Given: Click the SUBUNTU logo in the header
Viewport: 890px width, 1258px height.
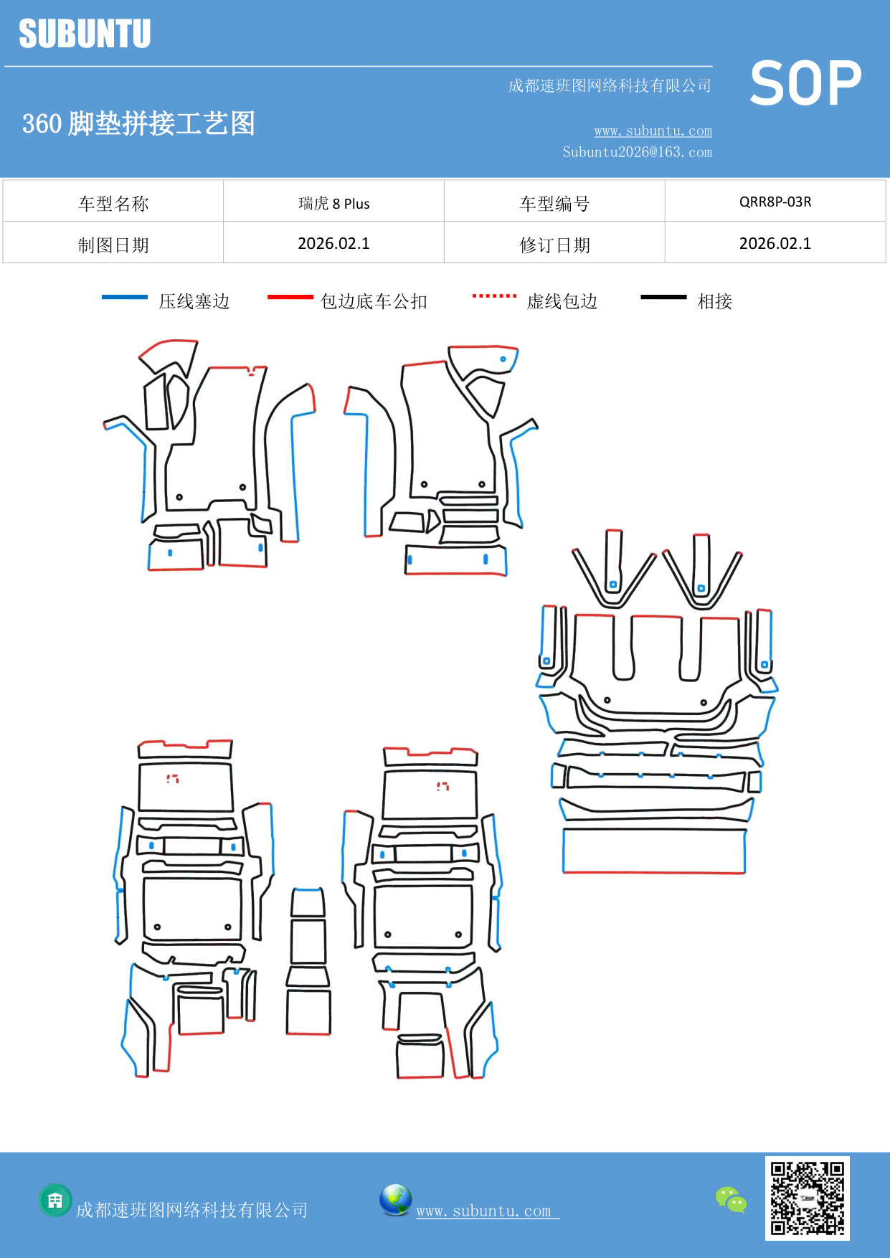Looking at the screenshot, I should pos(85,34).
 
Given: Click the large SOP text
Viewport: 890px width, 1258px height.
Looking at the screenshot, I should pos(805,84).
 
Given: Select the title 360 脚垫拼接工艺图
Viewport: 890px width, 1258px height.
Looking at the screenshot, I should pos(138,123).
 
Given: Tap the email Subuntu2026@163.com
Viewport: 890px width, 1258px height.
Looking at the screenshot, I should pos(637,152).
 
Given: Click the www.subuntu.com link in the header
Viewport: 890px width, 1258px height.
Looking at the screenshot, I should pos(653,131).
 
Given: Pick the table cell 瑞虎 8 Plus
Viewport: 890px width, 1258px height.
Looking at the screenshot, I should pos(333,204).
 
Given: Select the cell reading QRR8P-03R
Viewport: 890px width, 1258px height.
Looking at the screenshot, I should pos(775,202).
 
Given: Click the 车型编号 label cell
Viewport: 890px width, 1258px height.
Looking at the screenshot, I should pos(554,204).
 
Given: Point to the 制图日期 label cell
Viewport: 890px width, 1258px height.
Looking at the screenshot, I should pos(113,245).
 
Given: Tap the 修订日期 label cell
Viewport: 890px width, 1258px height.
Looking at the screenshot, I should pos(554,245).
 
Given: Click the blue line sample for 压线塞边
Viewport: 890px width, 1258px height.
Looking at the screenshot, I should pos(125,297).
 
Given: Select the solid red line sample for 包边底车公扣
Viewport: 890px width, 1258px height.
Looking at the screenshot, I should pos(290,297).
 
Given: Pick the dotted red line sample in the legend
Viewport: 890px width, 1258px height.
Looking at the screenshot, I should pos(494,295).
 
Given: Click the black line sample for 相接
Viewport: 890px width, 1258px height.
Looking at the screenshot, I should pos(663,297).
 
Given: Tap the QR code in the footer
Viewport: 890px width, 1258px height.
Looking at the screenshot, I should pos(807,1198).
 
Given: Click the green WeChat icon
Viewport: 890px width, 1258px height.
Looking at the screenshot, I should pos(731,1199).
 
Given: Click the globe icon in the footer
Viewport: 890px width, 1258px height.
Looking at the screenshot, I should pos(395,1200).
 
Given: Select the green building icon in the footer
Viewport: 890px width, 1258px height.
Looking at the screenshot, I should pos(55,1200).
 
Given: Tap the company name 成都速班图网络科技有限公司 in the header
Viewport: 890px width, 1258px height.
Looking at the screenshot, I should pos(610,86).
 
